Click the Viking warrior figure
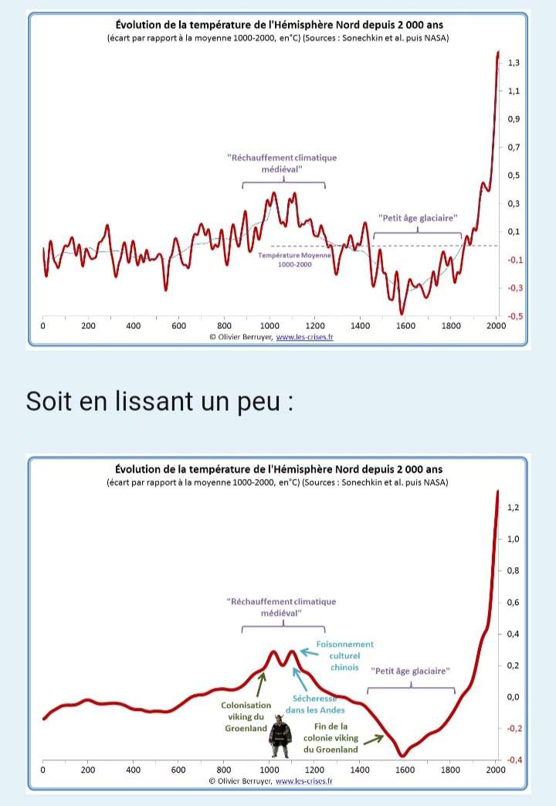280,736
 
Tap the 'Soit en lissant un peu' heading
159,401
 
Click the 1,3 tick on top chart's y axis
514,63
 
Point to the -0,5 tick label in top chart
515,316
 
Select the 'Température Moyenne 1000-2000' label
294,260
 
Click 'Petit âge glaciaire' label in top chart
418,218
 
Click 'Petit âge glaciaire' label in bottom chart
410,671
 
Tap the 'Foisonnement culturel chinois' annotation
345,655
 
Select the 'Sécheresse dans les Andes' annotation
315,704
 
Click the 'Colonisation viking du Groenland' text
246,716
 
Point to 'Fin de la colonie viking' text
331,732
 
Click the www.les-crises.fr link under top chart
305,337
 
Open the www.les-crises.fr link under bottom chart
304,780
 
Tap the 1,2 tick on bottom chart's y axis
513,508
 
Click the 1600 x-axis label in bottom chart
405,770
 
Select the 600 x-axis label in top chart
179,326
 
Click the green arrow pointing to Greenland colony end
374,740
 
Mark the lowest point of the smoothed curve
403,756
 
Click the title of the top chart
279,25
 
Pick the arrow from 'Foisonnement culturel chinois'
310,653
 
